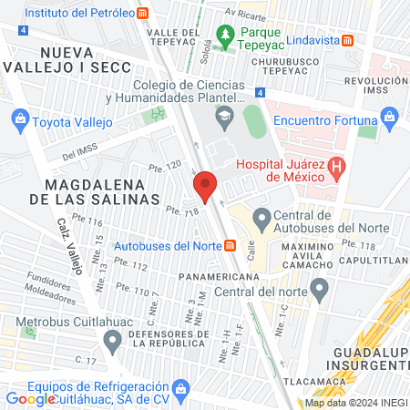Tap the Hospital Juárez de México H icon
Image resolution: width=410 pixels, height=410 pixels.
[338, 168]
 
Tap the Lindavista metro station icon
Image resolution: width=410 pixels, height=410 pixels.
[348, 40]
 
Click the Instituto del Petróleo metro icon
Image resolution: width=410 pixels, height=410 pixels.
[143, 14]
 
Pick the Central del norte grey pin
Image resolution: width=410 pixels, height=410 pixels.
[319, 291]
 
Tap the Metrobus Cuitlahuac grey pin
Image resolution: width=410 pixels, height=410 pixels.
[112, 343]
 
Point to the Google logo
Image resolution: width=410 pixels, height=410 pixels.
[30, 398]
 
